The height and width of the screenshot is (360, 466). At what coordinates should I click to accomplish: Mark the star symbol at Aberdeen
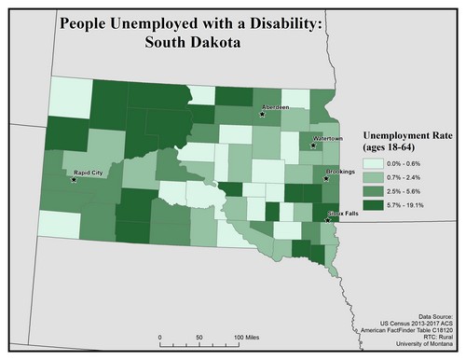[263, 114]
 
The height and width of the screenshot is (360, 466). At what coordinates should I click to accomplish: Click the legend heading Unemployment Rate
[406, 134]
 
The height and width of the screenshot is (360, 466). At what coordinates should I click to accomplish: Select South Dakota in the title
[191, 44]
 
